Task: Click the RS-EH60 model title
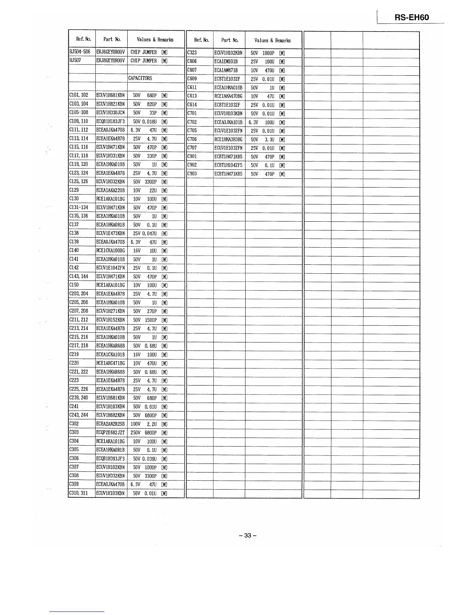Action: point(412,17)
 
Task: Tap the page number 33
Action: point(248,535)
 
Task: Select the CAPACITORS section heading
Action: point(140,78)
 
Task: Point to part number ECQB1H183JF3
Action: point(111,121)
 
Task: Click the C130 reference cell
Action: point(74,199)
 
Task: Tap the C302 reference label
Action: point(74,424)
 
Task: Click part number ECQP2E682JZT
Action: point(111,433)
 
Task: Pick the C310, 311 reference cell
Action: point(79,493)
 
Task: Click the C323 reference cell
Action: point(192,53)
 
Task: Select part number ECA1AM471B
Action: point(226,70)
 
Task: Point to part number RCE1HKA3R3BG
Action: point(228,139)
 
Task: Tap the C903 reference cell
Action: point(192,174)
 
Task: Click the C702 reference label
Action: point(192,122)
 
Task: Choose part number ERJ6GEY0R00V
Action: point(111,52)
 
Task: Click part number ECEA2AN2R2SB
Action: point(111,424)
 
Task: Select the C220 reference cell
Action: point(74,363)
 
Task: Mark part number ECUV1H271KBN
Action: point(111,311)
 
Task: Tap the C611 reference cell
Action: point(192,87)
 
